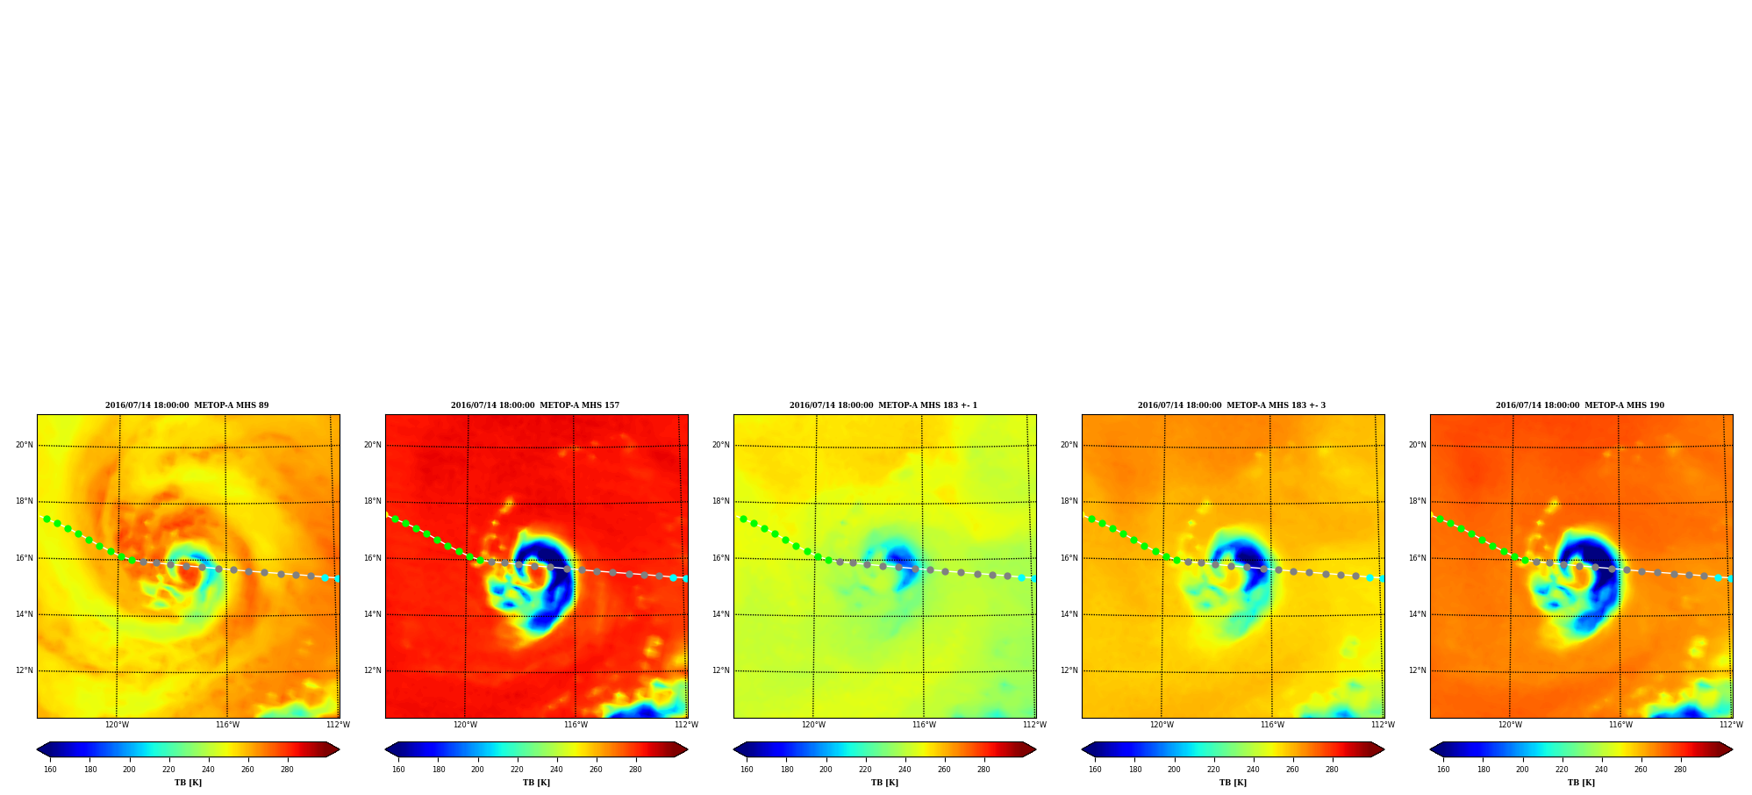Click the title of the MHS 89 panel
tap(187, 405)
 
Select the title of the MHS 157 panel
tap(535, 405)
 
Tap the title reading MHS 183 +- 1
tap(883, 405)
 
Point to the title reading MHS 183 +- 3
tap(1232, 405)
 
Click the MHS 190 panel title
tap(1580, 405)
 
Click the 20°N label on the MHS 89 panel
tap(25, 445)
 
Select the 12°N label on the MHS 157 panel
tap(373, 670)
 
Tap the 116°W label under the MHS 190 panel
tap(1620, 725)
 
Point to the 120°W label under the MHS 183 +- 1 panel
tap(813, 725)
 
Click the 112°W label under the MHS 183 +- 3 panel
tap(1383, 725)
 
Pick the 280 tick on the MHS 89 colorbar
tap(287, 770)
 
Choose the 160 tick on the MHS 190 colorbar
tap(1443, 770)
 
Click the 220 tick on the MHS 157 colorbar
tap(517, 770)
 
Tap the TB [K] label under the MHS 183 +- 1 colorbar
tap(884, 783)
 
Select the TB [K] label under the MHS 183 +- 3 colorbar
tap(1233, 783)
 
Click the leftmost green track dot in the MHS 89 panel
tap(46, 519)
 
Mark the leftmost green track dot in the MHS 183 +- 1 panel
tap(743, 519)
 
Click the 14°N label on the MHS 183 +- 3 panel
tap(1069, 614)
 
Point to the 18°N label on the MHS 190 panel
tap(1418, 501)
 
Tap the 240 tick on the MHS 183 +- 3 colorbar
tap(1253, 770)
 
